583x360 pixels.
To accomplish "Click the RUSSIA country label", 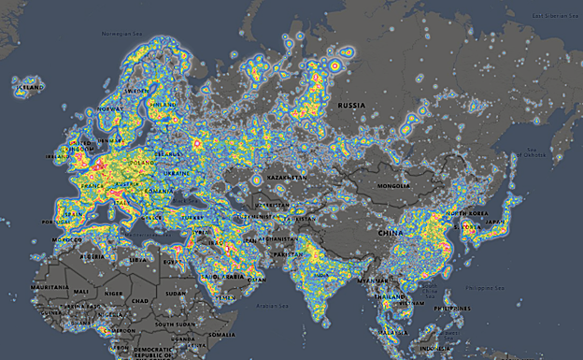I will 351,106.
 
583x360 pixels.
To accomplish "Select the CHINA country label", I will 391,230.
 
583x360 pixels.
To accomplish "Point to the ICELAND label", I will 28,86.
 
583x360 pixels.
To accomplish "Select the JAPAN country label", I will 496,223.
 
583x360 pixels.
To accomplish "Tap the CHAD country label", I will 139,300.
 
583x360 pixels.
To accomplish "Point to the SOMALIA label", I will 222,334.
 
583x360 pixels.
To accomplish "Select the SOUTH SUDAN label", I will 174,324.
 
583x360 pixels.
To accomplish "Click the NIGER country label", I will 111,292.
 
